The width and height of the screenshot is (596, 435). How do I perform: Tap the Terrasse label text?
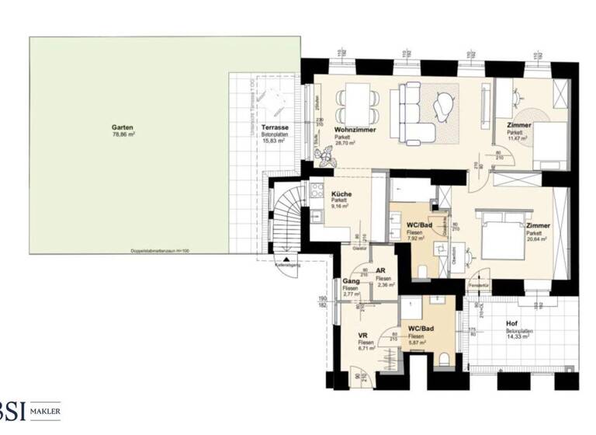click(275, 126)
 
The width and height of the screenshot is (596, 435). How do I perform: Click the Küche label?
click(342, 194)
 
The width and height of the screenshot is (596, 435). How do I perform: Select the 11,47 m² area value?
click(518, 139)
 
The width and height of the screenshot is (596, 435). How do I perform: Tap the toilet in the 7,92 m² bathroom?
click(422, 270)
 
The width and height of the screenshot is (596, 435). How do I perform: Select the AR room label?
click(382, 272)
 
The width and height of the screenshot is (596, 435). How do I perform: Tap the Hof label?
click(511, 326)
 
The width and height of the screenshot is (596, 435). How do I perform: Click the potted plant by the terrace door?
click(324, 158)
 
